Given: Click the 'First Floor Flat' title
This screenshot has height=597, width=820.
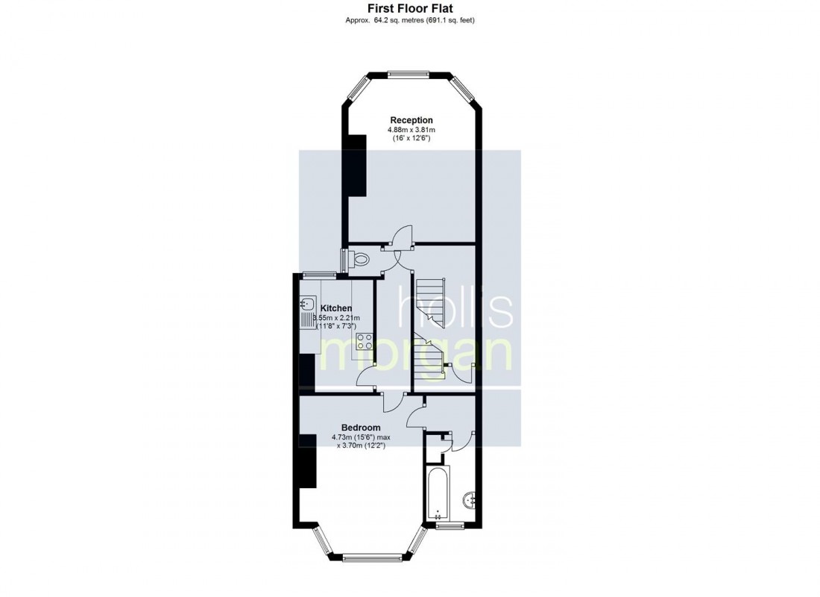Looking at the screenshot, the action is click(410, 8).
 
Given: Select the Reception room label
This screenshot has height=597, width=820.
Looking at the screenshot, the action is click(411, 120).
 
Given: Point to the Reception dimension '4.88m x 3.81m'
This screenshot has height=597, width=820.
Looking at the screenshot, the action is click(411, 130).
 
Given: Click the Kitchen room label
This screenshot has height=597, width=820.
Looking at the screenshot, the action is click(336, 308).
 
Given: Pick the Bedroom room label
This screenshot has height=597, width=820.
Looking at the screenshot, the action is click(361, 428).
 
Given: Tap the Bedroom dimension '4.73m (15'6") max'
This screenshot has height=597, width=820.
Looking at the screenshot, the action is click(361, 437).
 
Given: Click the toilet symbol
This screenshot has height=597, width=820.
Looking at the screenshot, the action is click(360, 259).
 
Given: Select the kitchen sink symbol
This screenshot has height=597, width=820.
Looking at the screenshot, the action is click(308, 304).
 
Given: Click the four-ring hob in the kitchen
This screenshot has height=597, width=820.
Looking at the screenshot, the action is click(365, 341).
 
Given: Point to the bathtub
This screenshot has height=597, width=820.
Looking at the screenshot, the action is click(437, 493).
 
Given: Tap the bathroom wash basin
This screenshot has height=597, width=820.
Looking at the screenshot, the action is click(470, 500).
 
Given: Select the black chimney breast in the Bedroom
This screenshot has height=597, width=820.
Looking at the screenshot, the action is click(308, 461).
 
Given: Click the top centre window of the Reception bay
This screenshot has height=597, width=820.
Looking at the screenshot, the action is click(409, 75).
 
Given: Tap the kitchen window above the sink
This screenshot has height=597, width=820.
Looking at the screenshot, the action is click(320, 274).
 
